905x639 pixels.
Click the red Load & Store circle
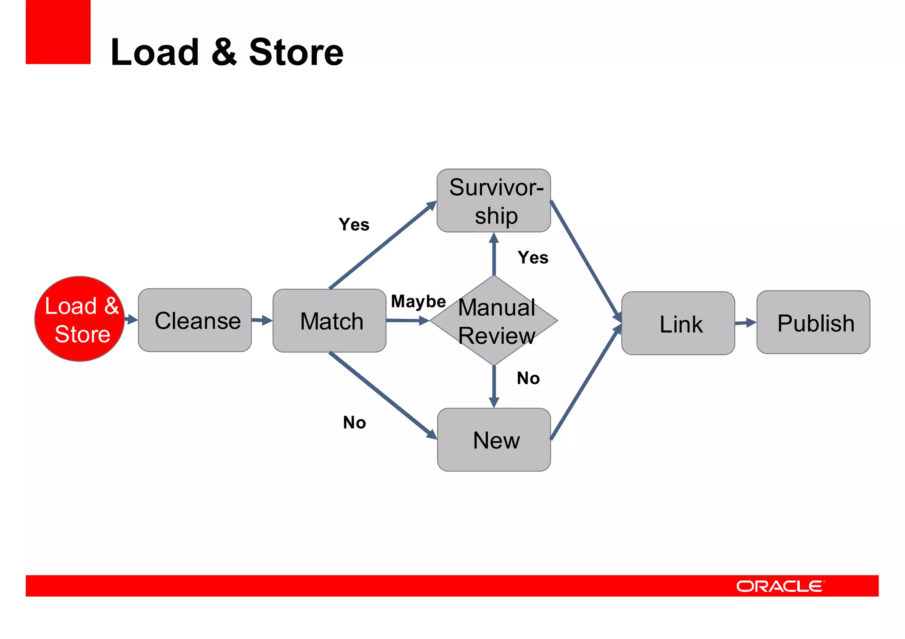[80, 319]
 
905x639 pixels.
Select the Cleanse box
[195, 320]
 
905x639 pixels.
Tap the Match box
[330, 321]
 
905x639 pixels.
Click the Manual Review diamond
[494, 321]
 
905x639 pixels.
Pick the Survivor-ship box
[494, 200]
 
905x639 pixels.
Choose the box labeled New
[494, 440]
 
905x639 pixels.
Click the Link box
[678, 323]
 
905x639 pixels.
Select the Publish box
[813, 322]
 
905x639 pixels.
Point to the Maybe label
[418, 302]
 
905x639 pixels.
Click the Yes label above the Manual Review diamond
[533, 257]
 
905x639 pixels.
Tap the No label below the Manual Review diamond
[528, 378]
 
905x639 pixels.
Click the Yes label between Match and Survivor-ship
[354, 225]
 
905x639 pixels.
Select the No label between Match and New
[354, 423]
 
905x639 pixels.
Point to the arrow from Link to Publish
[745, 323]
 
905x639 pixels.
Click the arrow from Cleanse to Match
[262, 320]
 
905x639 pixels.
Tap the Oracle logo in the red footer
[780, 586]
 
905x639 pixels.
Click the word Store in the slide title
[296, 52]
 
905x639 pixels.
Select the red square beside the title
[58, 32]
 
